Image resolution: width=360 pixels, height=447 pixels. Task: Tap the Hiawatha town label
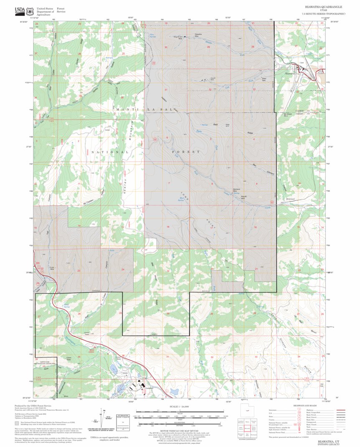(x=290, y=73)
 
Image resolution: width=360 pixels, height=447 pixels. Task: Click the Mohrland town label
(x=291, y=199)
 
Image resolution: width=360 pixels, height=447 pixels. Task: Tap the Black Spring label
(x=66, y=306)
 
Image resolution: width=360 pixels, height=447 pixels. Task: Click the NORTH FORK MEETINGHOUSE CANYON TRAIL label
(x=47, y=364)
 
